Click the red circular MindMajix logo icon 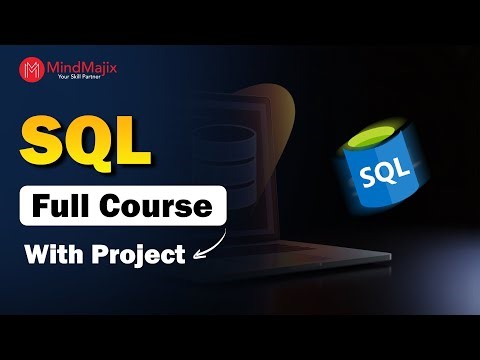(x=31, y=70)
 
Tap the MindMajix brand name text (x=79, y=66)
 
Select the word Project (x=140, y=255)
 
